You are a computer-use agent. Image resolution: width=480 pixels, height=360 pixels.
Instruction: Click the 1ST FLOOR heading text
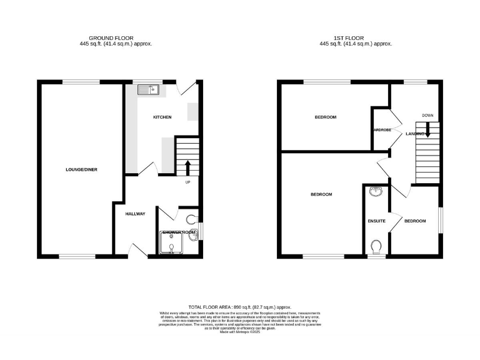355,38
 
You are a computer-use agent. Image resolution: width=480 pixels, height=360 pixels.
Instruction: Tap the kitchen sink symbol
149,90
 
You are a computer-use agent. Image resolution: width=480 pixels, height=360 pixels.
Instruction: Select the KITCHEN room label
162,117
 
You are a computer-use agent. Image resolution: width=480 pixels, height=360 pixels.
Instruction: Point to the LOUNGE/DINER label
82,169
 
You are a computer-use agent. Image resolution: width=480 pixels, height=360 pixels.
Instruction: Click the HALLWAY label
135,214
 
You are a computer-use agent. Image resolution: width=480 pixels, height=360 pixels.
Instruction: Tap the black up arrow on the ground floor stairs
188,167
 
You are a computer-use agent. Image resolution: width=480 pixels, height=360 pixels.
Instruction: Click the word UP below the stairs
187,182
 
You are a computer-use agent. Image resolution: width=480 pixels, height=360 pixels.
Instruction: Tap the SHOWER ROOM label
179,232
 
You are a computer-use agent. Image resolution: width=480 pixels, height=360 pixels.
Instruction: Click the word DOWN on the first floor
427,116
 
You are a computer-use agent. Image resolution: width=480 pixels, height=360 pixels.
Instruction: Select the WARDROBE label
381,130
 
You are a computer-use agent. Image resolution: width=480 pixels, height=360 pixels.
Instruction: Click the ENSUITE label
376,221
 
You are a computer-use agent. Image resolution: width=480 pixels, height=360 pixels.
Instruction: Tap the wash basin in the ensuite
376,191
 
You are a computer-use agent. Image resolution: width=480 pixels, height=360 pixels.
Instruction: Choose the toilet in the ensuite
376,248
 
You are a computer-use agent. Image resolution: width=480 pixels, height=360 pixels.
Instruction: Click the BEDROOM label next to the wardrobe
325,117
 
